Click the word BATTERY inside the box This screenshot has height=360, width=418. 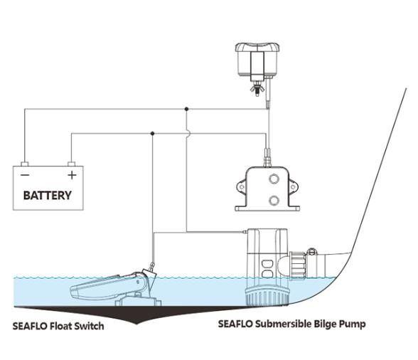tap(47, 194)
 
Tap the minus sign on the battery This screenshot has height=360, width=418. tap(25, 174)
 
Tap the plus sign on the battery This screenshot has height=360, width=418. tap(70, 174)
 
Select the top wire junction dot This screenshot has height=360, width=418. tap(186, 110)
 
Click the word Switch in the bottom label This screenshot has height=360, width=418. tap(88, 327)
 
